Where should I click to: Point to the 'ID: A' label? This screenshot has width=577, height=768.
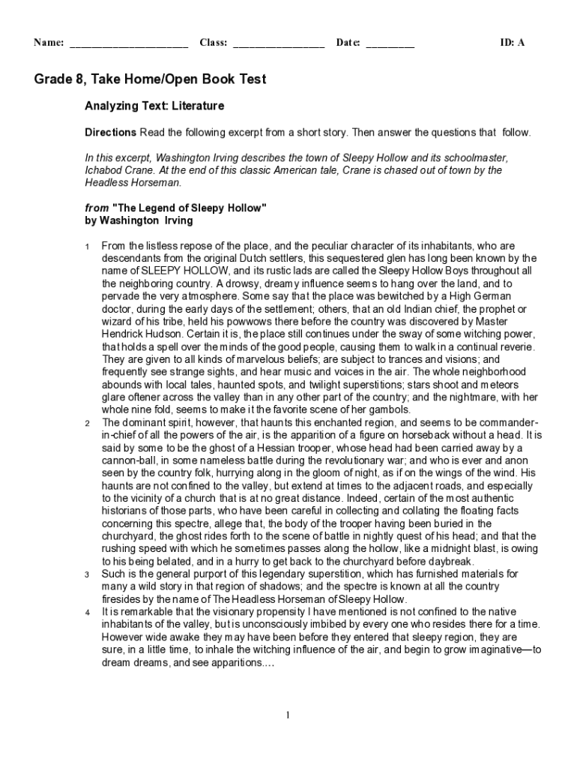coord(513,43)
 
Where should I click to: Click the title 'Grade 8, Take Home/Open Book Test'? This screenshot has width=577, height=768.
coord(150,79)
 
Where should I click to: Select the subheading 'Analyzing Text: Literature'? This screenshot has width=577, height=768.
coord(154,106)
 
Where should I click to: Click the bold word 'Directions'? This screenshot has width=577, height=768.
coord(110,133)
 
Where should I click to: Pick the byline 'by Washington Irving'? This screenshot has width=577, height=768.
coord(139,220)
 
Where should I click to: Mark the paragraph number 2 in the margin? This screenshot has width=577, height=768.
coord(87,423)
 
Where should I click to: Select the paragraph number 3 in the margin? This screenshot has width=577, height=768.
coord(87,574)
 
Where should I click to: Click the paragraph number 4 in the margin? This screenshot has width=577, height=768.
coord(87,613)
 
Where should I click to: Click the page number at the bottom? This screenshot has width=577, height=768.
coord(288,715)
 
